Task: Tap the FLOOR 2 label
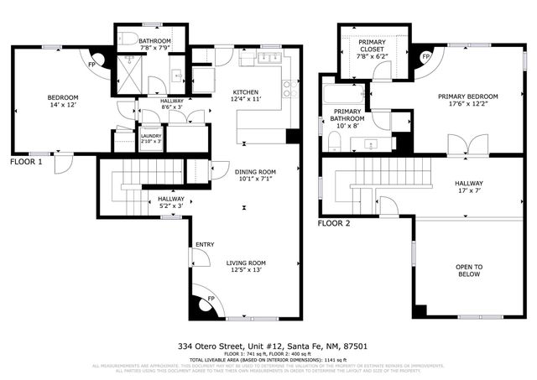(334, 224)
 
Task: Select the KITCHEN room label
(245, 92)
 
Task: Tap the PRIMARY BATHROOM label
(348, 115)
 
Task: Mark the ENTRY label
(205, 245)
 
